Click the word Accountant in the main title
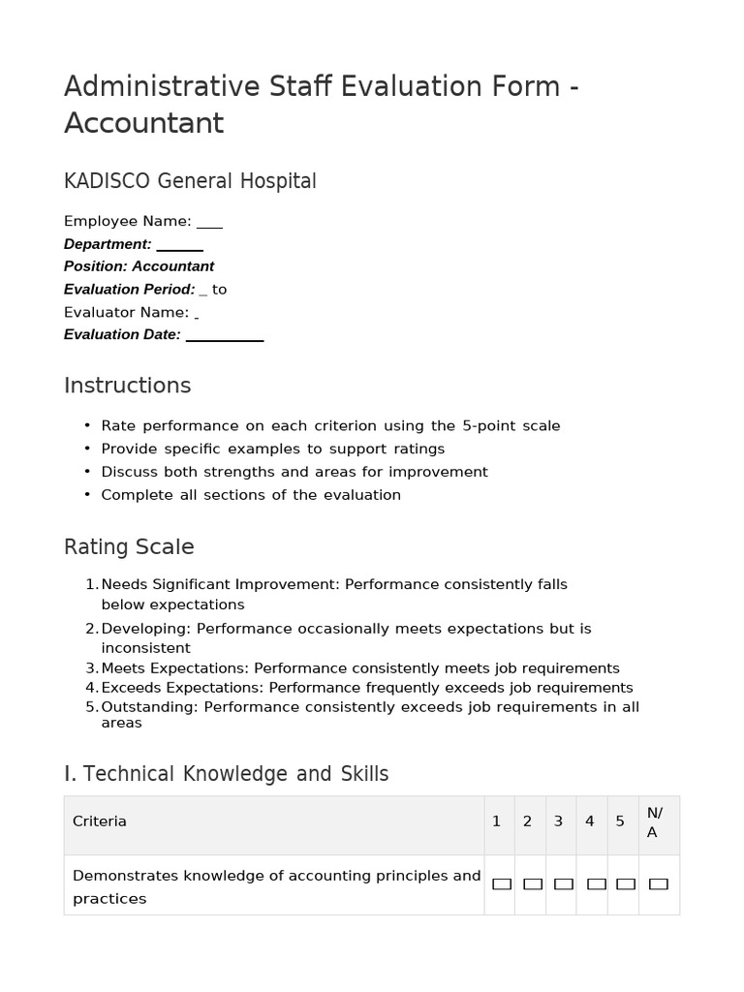(x=143, y=124)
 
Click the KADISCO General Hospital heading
(x=190, y=181)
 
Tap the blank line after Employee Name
(x=209, y=222)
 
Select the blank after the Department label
(x=179, y=245)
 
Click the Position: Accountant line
(x=139, y=266)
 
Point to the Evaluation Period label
(x=129, y=290)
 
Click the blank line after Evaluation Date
(x=224, y=335)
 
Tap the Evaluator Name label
(x=126, y=312)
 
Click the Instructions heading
(x=127, y=386)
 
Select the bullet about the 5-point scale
(x=330, y=426)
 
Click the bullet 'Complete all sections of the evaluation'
(x=251, y=495)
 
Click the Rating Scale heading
(x=129, y=547)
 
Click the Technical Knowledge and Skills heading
(x=226, y=774)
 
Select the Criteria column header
(x=100, y=821)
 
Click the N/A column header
(x=655, y=822)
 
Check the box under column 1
(x=502, y=883)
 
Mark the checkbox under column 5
(x=626, y=883)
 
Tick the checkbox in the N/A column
(x=659, y=883)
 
